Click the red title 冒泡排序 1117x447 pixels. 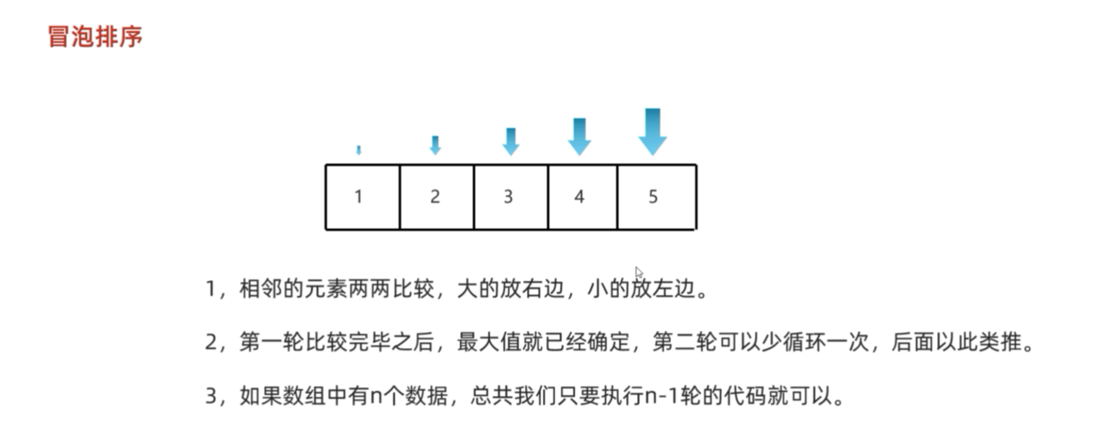point(95,37)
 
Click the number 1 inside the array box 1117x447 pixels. point(358,196)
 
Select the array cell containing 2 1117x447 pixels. point(436,197)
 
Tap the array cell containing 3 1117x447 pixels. point(510,197)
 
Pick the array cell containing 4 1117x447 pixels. point(582,197)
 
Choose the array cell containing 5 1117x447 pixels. point(656,197)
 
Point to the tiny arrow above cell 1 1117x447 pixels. point(358,150)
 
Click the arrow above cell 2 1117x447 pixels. point(435,145)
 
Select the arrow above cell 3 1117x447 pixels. point(511,141)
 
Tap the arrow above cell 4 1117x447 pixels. point(579,137)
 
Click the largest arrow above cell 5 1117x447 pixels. point(652,131)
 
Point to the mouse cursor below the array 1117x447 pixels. point(638,273)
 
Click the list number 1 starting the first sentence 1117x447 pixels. point(210,289)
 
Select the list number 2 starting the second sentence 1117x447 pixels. point(211,342)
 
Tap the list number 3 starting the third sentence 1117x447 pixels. point(211,396)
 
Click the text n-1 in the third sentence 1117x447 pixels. point(661,396)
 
